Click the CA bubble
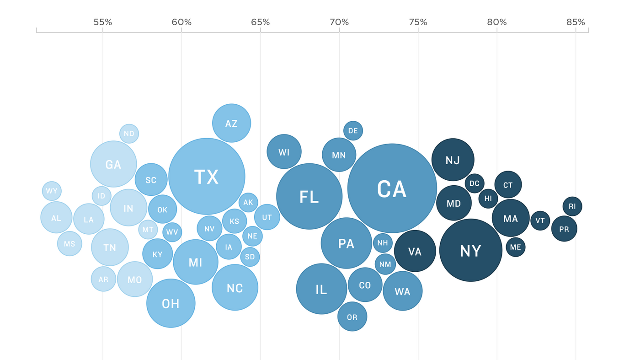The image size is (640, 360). pos(392,188)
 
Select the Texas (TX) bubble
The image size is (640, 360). pos(207,177)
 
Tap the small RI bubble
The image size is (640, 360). pos(572,206)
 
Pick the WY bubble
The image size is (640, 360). pos(52,191)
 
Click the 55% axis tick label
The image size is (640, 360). pos(103,22)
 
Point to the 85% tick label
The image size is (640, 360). pos(575,22)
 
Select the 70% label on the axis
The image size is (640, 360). pos(339,22)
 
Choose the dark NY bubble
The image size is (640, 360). pos(470,250)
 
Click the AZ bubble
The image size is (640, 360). pos(231,123)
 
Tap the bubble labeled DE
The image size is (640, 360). pos(353,131)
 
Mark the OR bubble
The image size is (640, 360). pos(352,317)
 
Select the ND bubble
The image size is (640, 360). pos(129,134)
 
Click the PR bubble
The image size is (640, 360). pos(564,229)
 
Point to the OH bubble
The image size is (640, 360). pos(171,303)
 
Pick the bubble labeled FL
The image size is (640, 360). pos(309,197)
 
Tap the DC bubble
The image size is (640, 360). pos(474,183)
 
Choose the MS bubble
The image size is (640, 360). pos(69,244)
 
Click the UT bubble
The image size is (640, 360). pos(267,217)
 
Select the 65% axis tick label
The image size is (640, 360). pos(261,22)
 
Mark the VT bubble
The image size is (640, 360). pos(540,220)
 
